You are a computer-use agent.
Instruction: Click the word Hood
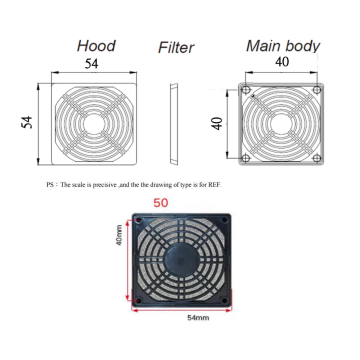click(95, 46)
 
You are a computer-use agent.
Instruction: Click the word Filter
click(176, 48)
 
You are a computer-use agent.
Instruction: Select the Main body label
click(283, 45)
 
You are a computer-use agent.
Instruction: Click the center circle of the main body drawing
click(283, 121)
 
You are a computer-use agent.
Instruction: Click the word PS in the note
click(50, 186)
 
